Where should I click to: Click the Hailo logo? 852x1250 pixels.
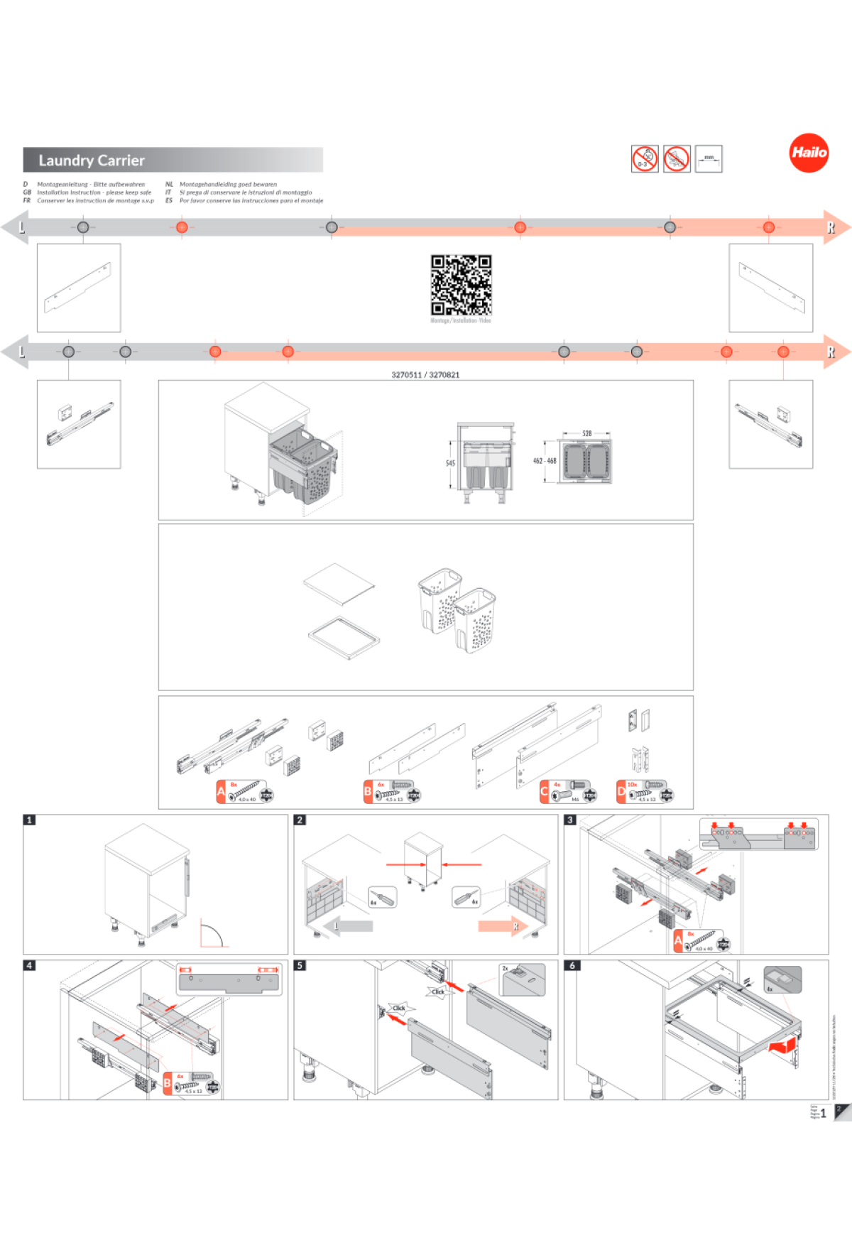click(809, 153)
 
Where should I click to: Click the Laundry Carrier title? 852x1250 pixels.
click(92, 161)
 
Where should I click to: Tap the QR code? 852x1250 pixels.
click(461, 285)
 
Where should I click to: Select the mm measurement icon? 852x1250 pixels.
click(709, 158)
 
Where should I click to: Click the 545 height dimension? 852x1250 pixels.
click(450, 463)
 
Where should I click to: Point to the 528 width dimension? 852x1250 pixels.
click(586, 433)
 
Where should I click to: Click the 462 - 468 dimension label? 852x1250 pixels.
click(545, 461)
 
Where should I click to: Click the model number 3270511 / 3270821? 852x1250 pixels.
click(425, 375)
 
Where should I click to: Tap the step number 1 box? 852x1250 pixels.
click(29, 820)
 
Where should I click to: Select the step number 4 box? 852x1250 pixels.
click(29, 965)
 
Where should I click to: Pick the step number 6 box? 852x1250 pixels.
click(572, 965)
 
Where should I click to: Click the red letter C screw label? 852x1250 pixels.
click(545, 791)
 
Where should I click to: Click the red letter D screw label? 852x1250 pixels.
click(621, 791)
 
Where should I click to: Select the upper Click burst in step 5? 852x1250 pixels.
click(438, 991)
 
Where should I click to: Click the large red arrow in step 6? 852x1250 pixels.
click(783, 1044)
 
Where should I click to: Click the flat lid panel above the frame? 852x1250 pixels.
click(339, 584)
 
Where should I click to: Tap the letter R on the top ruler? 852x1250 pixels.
click(830, 228)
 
